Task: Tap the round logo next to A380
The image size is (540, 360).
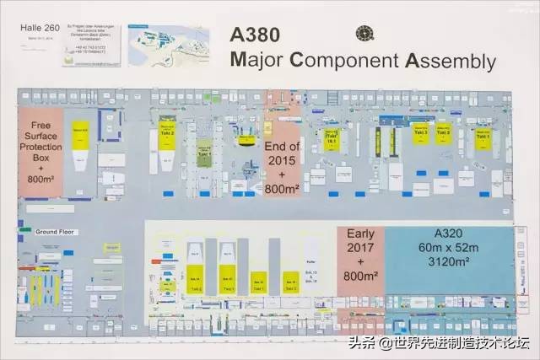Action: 364,34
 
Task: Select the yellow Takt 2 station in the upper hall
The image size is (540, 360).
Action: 166,133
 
